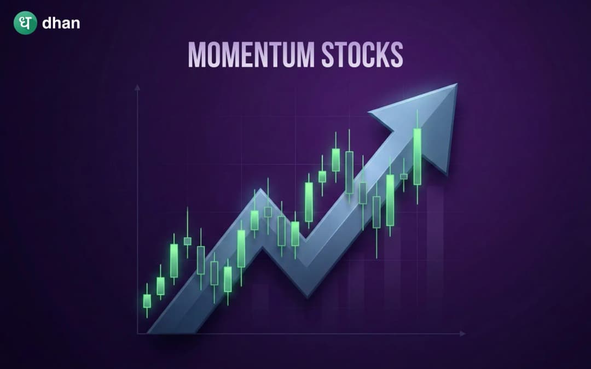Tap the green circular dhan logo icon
[25, 24]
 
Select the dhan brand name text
[61, 24]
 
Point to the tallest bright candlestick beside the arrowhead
[418, 156]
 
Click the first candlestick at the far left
[147, 301]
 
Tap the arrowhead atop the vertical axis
[137, 87]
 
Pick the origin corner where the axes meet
[137, 333]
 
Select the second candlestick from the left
[160, 286]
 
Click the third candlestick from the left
[174, 260]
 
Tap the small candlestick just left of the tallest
[404, 176]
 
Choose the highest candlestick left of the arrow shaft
[335, 159]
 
